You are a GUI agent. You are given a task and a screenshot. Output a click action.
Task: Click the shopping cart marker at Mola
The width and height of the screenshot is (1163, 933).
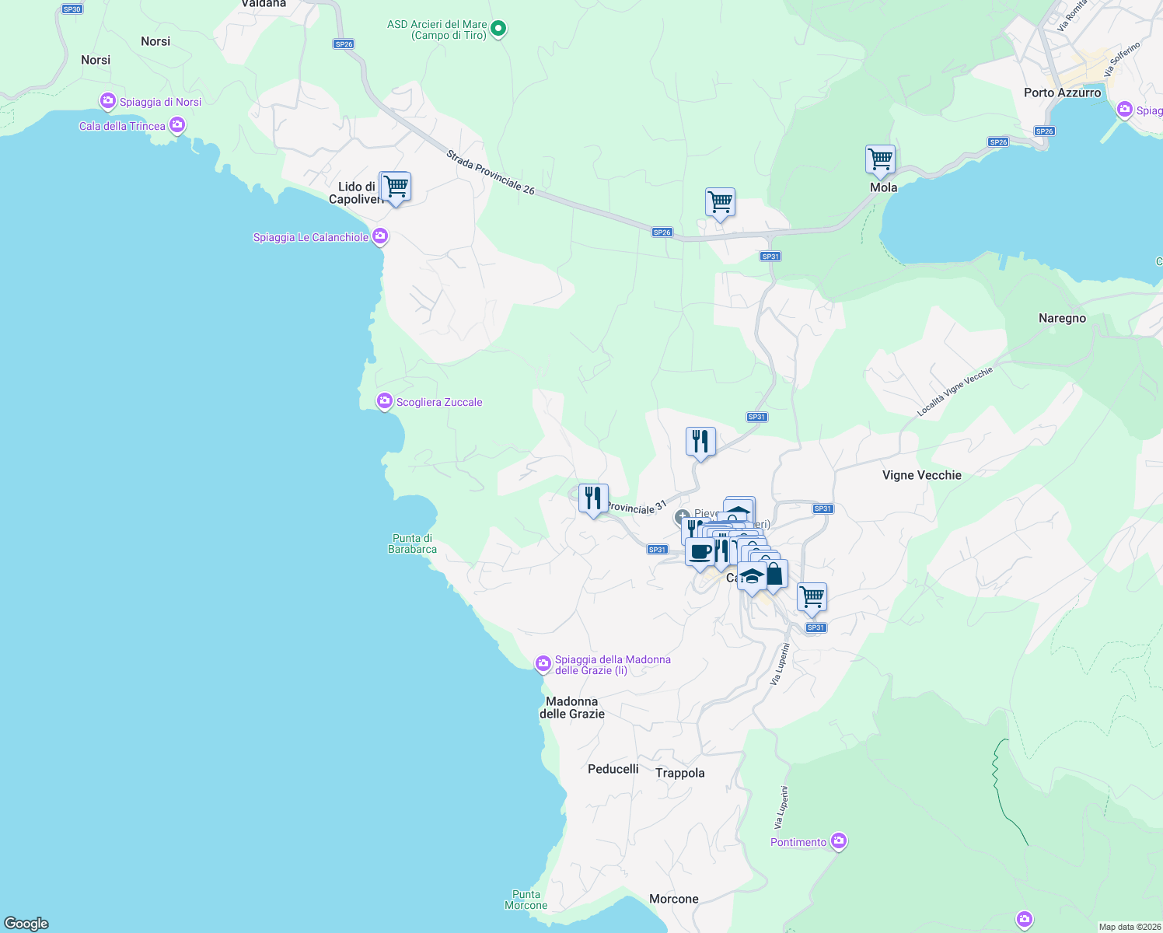tap(880, 160)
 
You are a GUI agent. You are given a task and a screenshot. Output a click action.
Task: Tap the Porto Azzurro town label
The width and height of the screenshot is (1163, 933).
tap(1062, 93)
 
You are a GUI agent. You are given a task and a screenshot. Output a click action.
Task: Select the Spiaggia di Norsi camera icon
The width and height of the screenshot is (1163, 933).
tap(107, 101)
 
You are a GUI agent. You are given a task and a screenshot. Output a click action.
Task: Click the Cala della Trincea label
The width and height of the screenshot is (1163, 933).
tap(122, 126)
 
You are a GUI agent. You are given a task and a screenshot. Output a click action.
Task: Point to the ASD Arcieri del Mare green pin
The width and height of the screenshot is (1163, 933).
tap(499, 30)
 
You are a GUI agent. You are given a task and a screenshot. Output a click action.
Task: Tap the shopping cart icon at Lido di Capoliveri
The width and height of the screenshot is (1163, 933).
tap(395, 187)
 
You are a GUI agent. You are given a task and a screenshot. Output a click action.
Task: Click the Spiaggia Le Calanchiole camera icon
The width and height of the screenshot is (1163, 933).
tap(379, 236)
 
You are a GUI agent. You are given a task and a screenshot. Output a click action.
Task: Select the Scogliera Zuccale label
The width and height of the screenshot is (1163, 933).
tap(439, 402)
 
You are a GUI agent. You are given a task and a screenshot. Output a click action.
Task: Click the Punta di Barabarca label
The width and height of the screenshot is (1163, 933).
tap(412, 543)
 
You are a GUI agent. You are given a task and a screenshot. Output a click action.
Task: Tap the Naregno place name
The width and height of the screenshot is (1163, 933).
tap(1062, 318)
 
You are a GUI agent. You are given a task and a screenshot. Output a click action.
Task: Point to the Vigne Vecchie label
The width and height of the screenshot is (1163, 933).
tap(921, 475)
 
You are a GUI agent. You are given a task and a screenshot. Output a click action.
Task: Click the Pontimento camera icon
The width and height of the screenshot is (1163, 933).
tap(838, 841)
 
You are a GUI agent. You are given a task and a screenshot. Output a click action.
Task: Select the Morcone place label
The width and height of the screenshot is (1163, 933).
tap(673, 899)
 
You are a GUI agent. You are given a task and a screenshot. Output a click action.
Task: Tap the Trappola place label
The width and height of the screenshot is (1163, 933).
tap(679, 773)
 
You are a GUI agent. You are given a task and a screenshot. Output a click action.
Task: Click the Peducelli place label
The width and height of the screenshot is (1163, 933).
tap(613, 769)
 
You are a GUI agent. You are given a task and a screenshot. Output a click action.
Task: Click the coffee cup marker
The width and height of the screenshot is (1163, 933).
tap(700, 553)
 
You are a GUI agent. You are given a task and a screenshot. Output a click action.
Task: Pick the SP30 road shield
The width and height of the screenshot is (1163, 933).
tap(72, 9)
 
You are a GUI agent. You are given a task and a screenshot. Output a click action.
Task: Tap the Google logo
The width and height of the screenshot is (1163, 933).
tap(26, 924)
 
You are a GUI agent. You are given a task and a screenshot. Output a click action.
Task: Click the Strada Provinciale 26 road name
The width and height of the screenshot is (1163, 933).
tap(491, 173)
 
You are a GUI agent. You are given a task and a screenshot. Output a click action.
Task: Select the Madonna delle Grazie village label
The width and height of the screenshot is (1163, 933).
tap(572, 708)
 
